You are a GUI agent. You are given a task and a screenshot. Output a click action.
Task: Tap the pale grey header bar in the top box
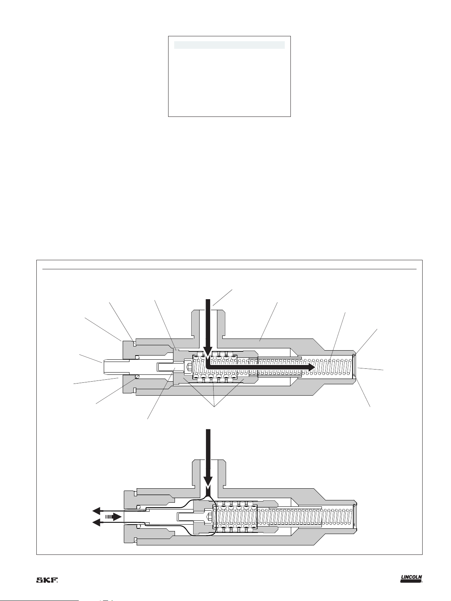point(229,45)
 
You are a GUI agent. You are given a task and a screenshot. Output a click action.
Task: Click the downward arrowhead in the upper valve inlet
point(208,353)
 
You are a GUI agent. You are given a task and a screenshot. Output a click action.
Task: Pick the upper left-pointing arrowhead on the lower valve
point(96,511)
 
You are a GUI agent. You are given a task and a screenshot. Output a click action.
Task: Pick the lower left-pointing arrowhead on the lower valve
point(96,523)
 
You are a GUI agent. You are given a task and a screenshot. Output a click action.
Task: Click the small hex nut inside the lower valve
point(210,517)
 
